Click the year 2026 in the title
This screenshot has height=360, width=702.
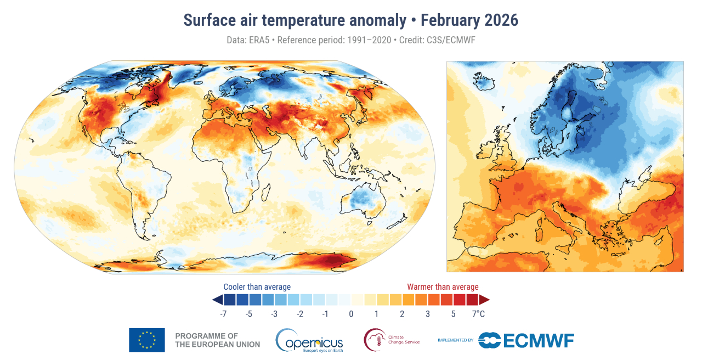click(x=501, y=20)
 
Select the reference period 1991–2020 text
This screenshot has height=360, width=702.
click(x=360, y=41)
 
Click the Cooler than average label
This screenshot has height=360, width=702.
click(x=257, y=287)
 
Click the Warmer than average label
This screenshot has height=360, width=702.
click(x=443, y=287)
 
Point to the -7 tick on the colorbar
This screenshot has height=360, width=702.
click(x=223, y=314)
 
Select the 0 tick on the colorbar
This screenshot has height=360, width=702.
click(x=351, y=314)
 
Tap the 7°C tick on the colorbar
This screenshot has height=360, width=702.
click(x=479, y=314)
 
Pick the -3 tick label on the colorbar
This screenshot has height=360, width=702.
click(x=274, y=314)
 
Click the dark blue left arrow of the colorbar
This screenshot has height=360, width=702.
click(x=217, y=300)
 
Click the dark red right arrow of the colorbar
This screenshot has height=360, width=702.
click(x=484, y=300)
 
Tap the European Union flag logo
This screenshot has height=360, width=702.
click(x=146, y=340)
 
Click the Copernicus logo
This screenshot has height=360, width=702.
click(x=309, y=340)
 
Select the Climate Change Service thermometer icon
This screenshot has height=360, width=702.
click(x=374, y=340)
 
